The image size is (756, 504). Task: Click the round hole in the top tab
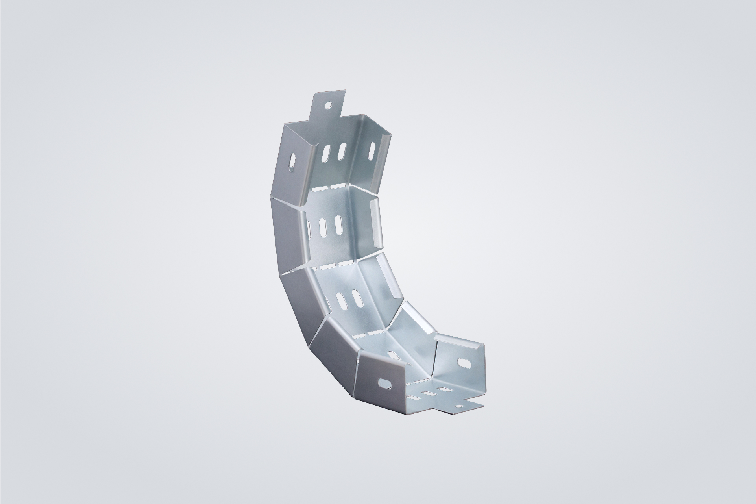tap(327, 106)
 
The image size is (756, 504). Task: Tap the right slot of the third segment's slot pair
tap(357, 299)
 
